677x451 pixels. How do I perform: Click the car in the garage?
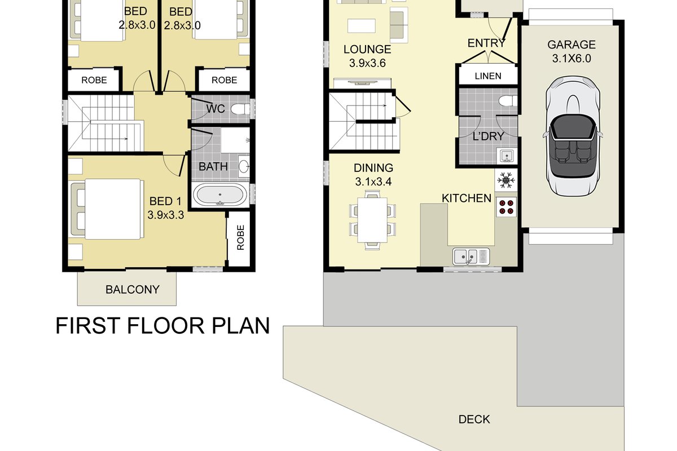click(573, 136)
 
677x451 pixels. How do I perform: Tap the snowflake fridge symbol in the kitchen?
click(505, 180)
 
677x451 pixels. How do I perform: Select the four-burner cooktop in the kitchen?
click(506, 207)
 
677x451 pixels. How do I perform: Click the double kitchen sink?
click(471, 257)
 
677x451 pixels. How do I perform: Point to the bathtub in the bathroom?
click(220, 195)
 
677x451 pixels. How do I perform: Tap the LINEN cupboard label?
click(488, 76)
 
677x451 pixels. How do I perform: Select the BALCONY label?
click(133, 290)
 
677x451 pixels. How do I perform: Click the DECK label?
click(474, 419)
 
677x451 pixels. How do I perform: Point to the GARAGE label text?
click(572, 45)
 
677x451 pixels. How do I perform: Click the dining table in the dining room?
click(372, 220)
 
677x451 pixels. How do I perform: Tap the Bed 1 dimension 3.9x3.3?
click(166, 215)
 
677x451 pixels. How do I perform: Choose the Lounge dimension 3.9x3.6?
click(367, 63)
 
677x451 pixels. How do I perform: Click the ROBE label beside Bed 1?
click(240, 237)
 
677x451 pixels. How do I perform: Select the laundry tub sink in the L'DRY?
click(505, 156)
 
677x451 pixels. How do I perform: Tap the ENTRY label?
click(486, 43)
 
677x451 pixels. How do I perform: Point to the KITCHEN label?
click(467, 198)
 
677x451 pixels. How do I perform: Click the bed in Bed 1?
click(107, 209)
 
